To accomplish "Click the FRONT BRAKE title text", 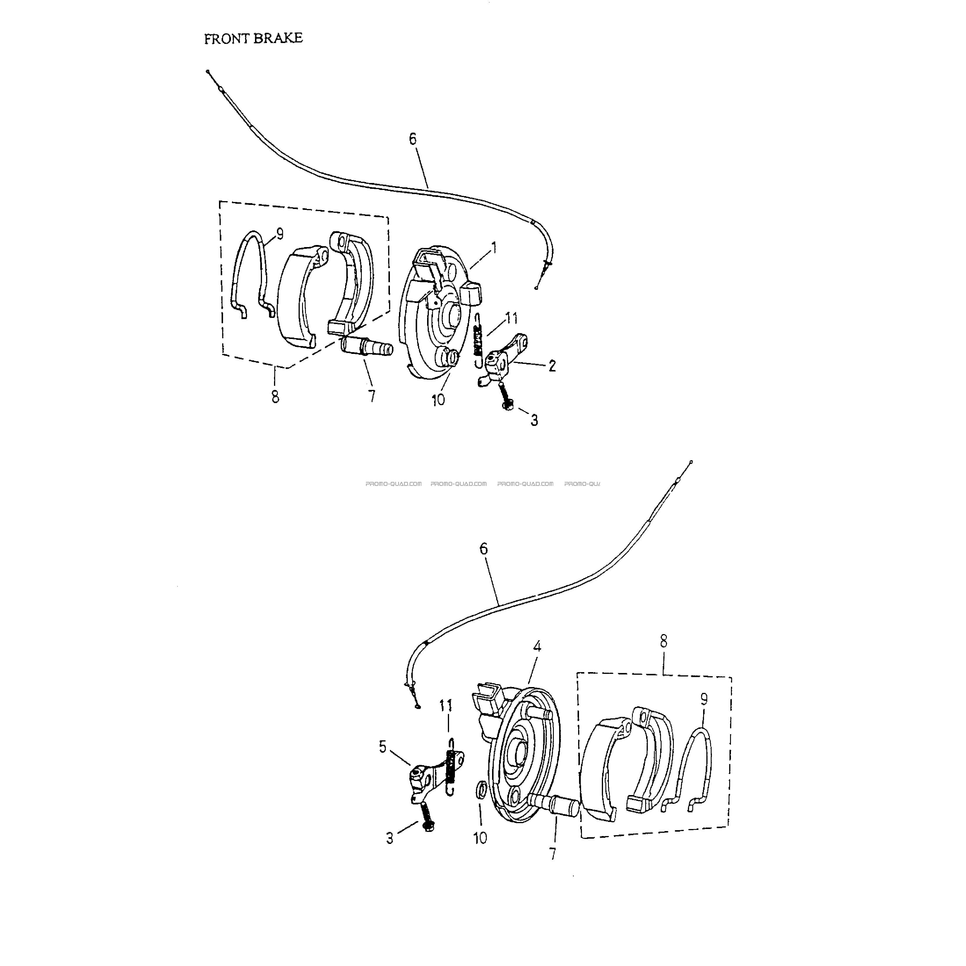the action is pyautogui.click(x=254, y=39).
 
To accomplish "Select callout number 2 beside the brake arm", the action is pyautogui.click(x=552, y=366).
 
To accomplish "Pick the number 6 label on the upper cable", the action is pyautogui.click(x=412, y=139).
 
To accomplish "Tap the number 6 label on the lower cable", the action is pyautogui.click(x=484, y=549).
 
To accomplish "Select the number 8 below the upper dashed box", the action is pyautogui.click(x=275, y=397).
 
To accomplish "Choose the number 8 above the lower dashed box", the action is pyautogui.click(x=664, y=641).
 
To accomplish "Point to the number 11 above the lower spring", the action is pyautogui.click(x=446, y=705).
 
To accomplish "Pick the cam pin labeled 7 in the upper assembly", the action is pyautogui.click(x=366, y=346).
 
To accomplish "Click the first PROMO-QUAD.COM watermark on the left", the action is pyautogui.click(x=393, y=484).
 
